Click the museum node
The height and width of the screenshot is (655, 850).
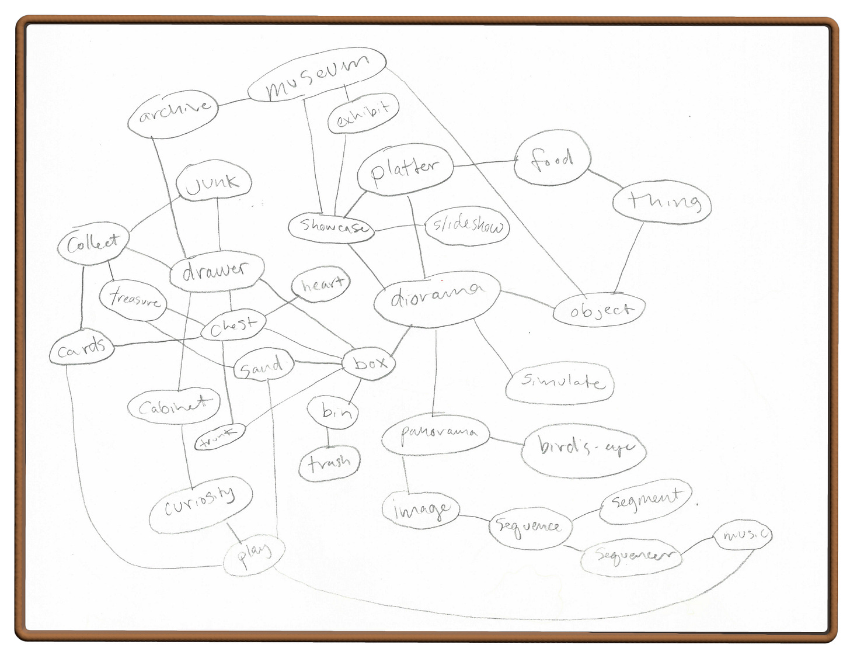pyautogui.click(x=317, y=76)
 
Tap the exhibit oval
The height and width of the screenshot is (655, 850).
pyautogui.click(x=363, y=113)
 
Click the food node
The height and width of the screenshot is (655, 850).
pyautogui.click(x=552, y=158)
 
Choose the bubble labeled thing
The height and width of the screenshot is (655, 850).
pyautogui.click(x=661, y=202)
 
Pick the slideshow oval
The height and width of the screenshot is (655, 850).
pyautogui.click(x=468, y=226)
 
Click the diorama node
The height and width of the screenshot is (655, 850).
pyautogui.click(x=437, y=299)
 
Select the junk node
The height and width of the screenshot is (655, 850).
pyautogui.click(x=213, y=182)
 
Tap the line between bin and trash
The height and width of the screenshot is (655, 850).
pyautogui.click(x=328, y=438)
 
